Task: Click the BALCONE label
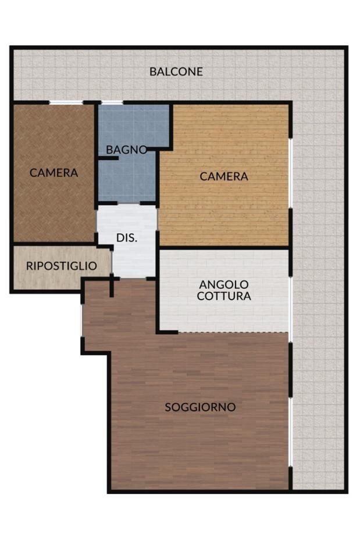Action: tap(176, 72)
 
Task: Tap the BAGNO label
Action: tap(126, 150)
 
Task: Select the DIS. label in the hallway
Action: tap(127, 237)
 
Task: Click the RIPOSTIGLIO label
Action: tap(62, 266)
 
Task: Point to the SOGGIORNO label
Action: tap(200, 407)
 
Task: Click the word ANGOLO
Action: tap(224, 285)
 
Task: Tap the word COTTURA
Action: tap(224, 296)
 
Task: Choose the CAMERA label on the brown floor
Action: tap(54, 173)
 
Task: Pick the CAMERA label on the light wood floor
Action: tap(224, 176)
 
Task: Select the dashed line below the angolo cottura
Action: tap(233, 332)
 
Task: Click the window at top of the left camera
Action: tap(66, 102)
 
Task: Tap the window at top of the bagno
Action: tap(112, 102)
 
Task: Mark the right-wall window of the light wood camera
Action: tap(290, 173)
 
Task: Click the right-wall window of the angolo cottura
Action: tap(290, 309)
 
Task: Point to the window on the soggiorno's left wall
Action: tap(82, 321)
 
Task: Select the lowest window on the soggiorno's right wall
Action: tap(290, 432)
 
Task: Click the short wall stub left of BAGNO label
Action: tap(108, 158)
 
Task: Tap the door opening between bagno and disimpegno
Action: tap(129, 203)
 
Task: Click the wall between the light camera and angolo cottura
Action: tap(224, 248)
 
